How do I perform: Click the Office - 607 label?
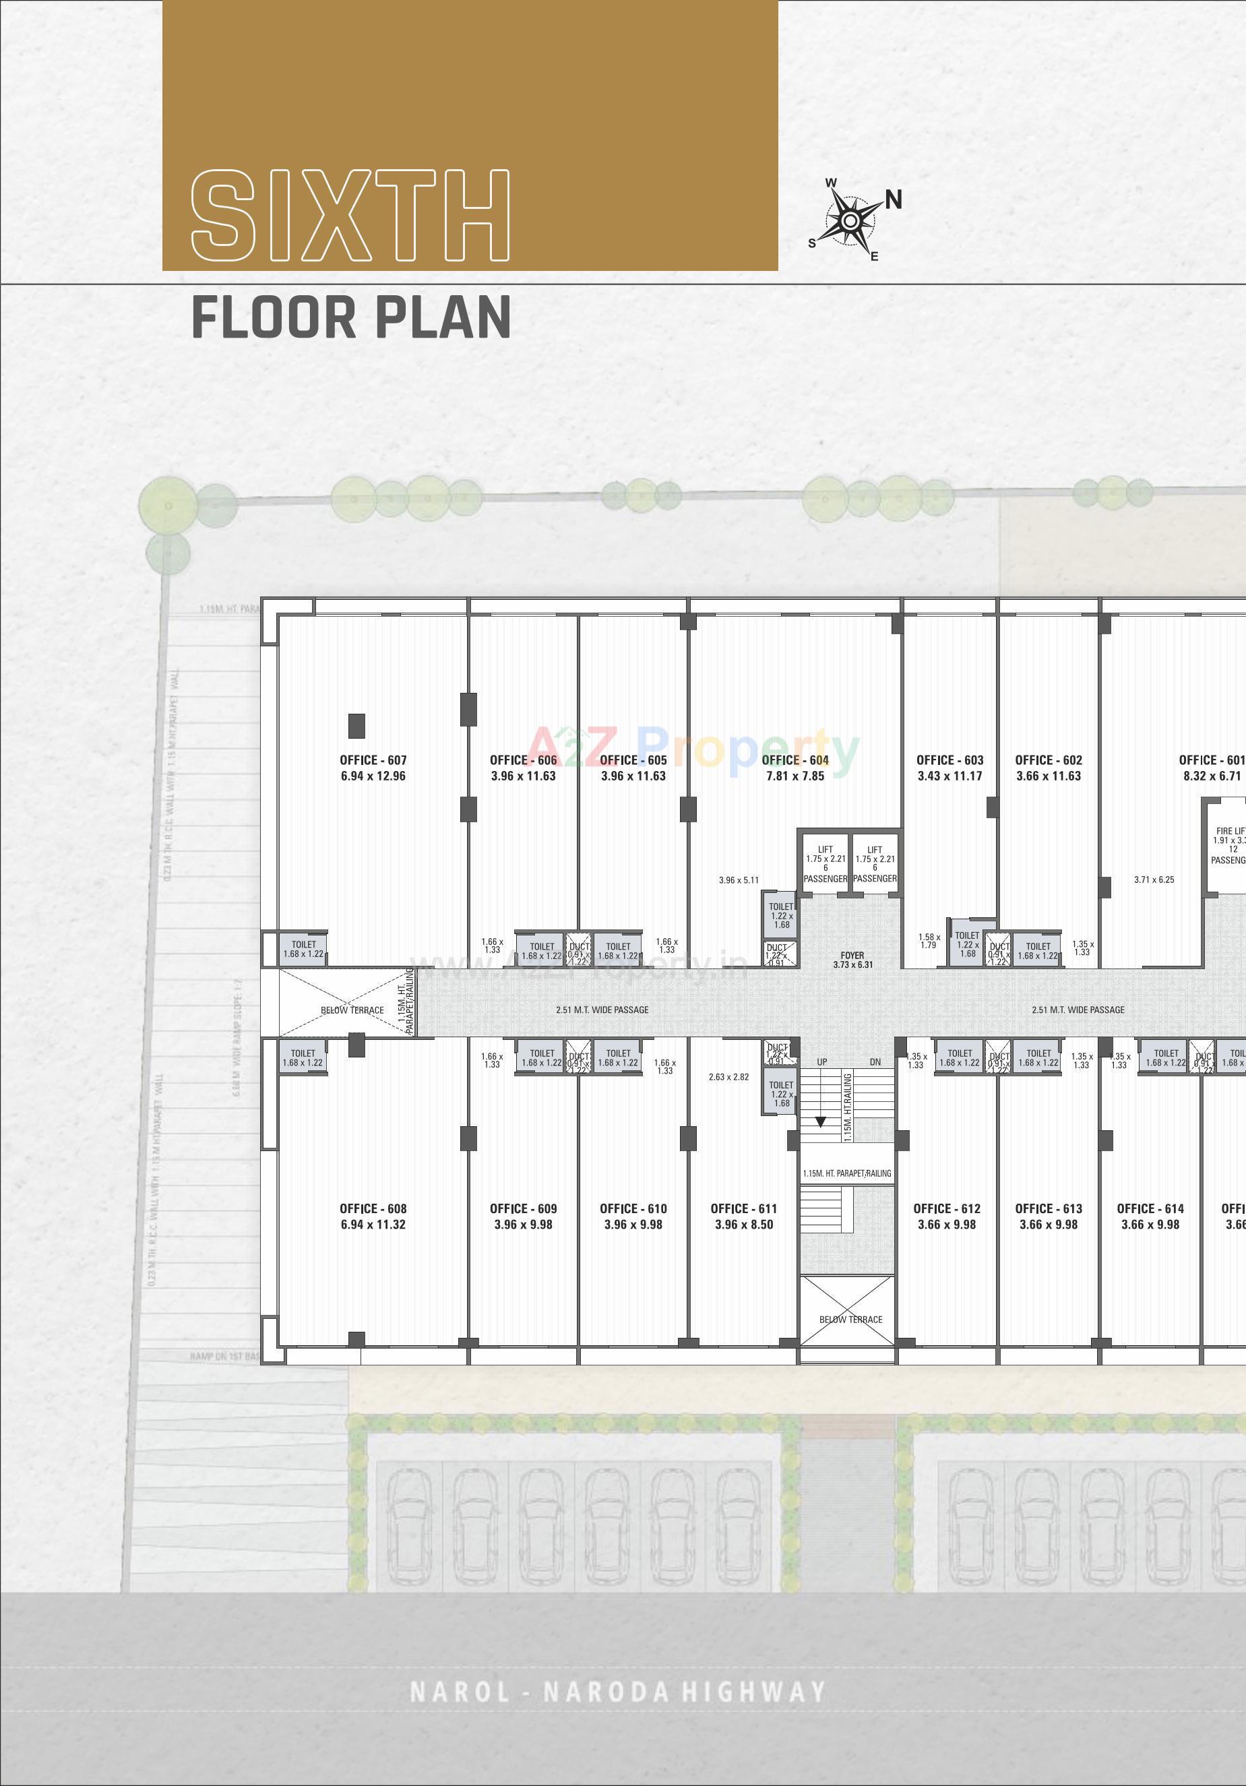pos(373,760)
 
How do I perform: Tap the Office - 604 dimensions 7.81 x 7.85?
pos(795,776)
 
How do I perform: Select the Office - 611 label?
pos(743,1208)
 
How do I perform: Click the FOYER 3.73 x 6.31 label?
pos(852,960)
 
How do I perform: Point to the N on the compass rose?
pos(893,200)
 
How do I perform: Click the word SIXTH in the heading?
pos(350,216)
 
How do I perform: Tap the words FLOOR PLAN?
pos(351,317)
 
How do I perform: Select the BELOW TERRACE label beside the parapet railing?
pos(352,1010)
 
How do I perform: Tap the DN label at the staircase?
pos(875,1061)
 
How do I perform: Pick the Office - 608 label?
pos(373,1208)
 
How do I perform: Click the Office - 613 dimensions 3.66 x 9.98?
pos(1049,1225)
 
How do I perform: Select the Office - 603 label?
pos(949,760)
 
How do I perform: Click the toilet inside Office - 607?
pos(303,949)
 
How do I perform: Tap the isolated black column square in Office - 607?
pos(356,726)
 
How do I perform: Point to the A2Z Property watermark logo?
pos(695,749)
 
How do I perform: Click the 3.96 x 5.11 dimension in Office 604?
pos(738,880)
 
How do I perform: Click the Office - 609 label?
pos(524,1208)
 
